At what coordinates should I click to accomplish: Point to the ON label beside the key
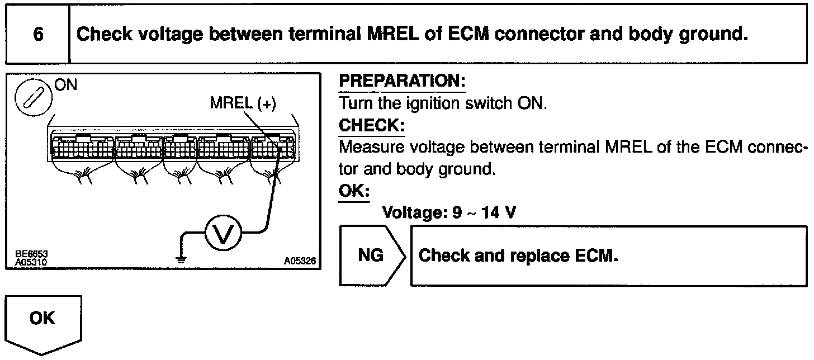point(66,86)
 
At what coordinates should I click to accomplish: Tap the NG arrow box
point(370,255)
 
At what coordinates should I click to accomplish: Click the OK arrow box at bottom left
point(43,321)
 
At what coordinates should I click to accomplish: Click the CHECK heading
point(372,126)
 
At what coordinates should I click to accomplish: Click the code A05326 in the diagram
point(300,260)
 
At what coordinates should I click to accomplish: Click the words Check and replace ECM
point(518,256)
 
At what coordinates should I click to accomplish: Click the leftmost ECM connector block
point(81,147)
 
